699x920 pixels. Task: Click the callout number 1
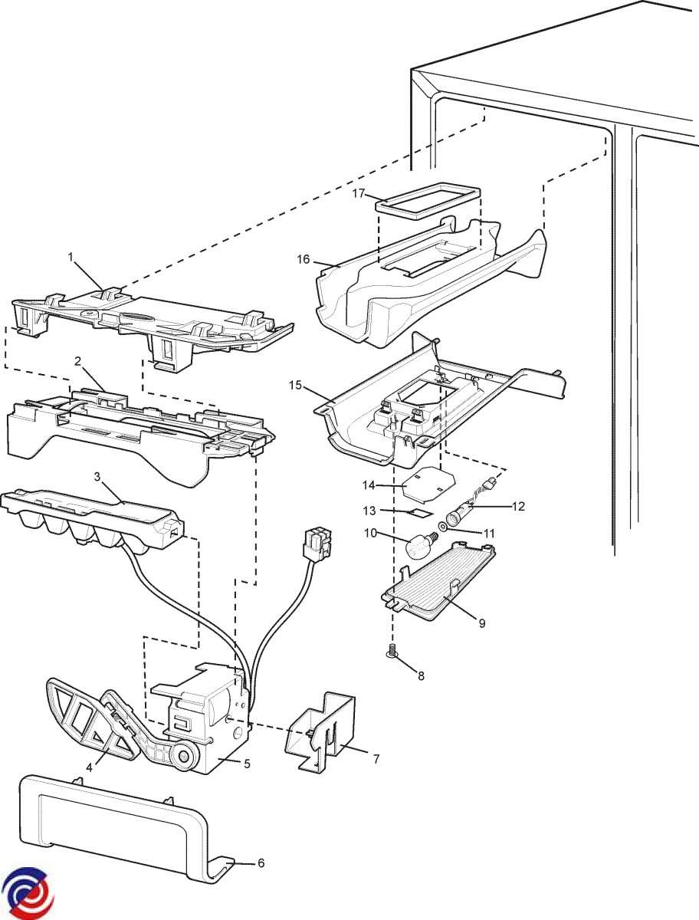click(71, 258)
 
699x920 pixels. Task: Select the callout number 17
click(359, 195)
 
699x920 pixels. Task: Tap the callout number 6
click(261, 863)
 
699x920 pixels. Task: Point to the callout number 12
click(519, 506)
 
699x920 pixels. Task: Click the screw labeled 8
click(392, 652)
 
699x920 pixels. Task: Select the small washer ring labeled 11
click(445, 527)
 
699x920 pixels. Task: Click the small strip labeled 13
click(418, 510)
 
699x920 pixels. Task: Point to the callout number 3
click(97, 477)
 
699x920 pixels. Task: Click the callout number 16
click(304, 259)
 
